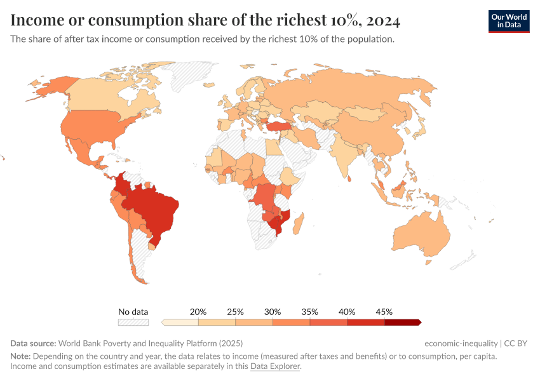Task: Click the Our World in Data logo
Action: click(x=508, y=21)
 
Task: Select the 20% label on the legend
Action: click(x=198, y=312)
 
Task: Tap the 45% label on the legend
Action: click(x=384, y=312)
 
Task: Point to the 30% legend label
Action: click(x=273, y=312)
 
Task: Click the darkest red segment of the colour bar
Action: click(x=402, y=322)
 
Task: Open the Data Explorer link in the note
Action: click(x=275, y=366)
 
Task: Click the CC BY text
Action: click(x=516, y=344)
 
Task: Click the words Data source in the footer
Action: click(x=33, y=344)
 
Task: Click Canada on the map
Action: click(x=102, y=95)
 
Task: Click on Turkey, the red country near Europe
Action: click(x=280, y=126)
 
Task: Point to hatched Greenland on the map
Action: click(x=197, y=73)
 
